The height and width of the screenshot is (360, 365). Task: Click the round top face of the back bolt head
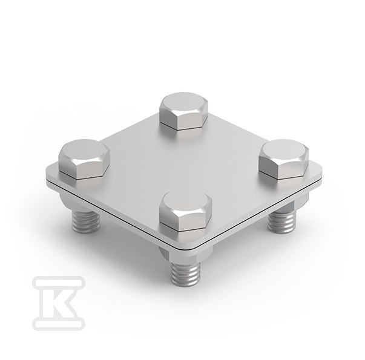[x=183, y=103]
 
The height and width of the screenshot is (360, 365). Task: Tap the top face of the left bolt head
[x=84, y=150]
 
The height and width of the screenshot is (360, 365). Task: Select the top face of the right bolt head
[x=283, y=150]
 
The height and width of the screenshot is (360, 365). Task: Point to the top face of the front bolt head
[x=185, y=201]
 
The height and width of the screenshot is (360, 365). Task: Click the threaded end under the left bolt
[x=85, y=221]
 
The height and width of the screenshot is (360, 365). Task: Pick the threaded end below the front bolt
[x=185, y=274]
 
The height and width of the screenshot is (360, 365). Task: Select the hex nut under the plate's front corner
[x=185, y=255]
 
